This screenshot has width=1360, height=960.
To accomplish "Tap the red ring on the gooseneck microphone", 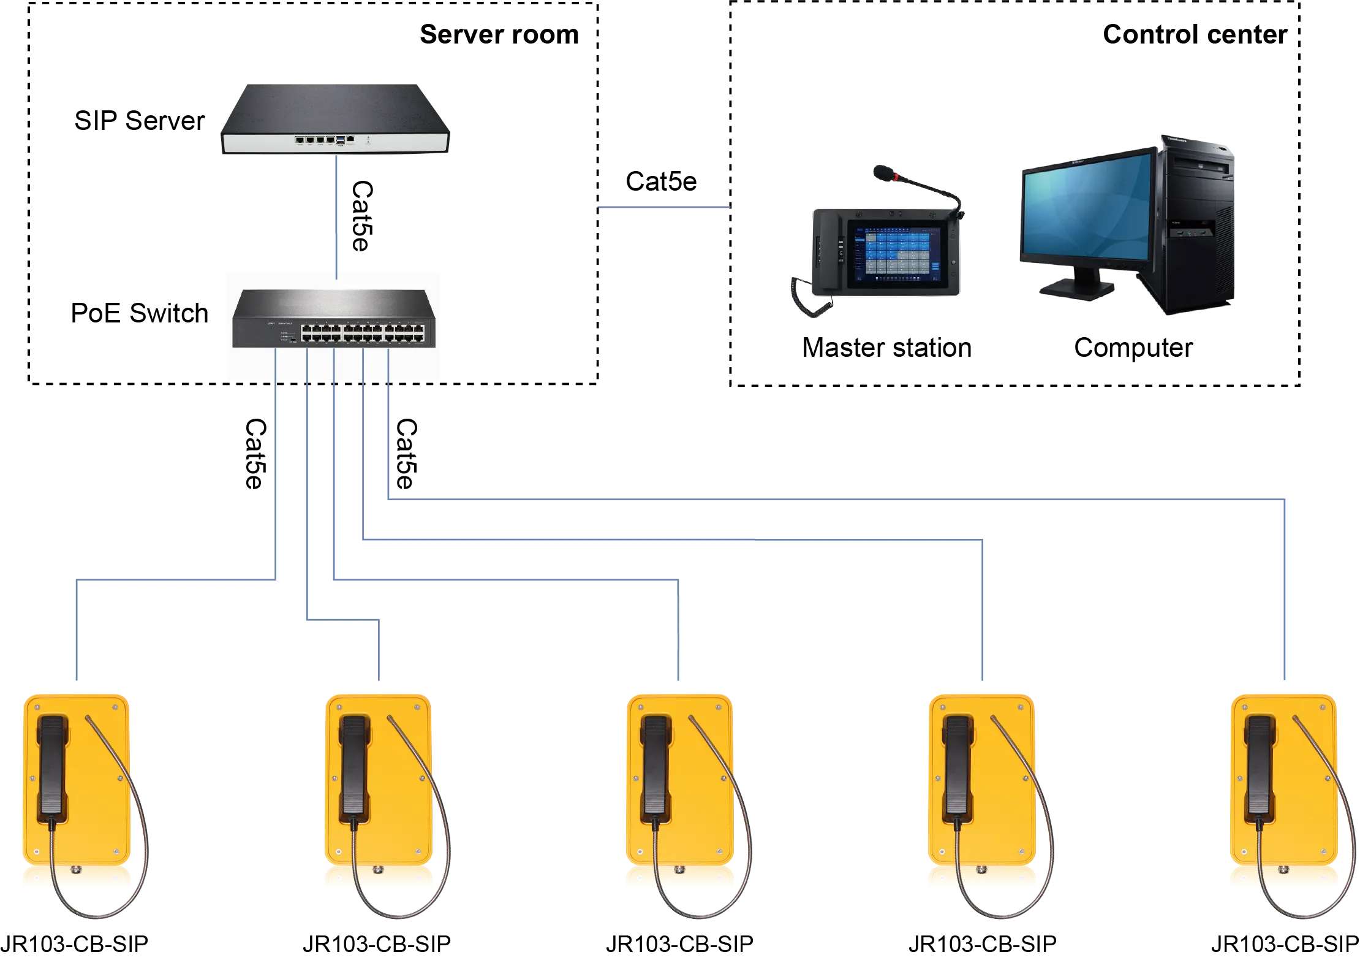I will point(897,178).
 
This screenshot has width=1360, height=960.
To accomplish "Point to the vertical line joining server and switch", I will point(336,215).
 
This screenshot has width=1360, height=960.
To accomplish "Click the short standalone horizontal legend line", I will point(663,208).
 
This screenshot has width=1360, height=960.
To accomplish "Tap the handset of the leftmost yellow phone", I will point(51,766).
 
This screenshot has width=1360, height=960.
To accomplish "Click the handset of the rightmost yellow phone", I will point(1260,766).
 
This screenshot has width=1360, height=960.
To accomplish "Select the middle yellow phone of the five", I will point(679,791).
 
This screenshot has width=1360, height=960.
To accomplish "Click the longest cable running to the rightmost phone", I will point(858,497).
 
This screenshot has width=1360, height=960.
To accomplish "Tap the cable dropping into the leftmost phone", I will point(76,631).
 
